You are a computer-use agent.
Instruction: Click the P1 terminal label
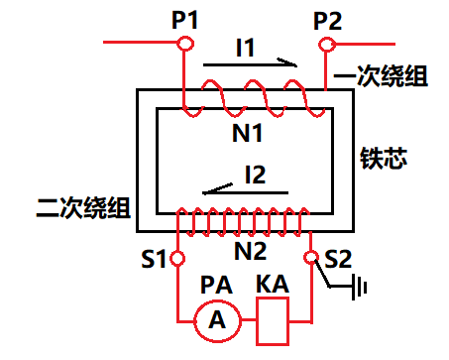pyautogui.click(x=184, y=18)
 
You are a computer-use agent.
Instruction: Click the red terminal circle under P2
pyautogui.click(x=328, y=45)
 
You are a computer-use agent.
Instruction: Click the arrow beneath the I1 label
pyautogui.click(x=250, y=64)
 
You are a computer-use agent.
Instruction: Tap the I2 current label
pyautogui.click(x=255, y=175)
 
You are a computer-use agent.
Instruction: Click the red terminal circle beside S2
pyautogui.click(x=311, y=259)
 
